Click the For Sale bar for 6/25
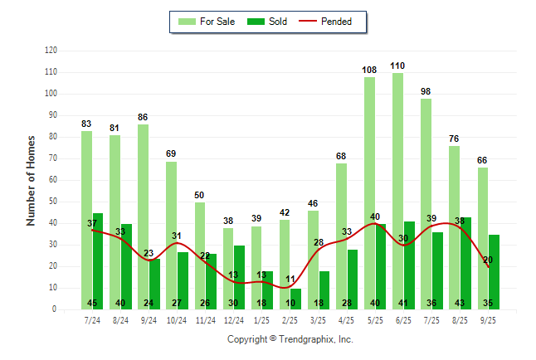pyautogui.click(x=397, y=191)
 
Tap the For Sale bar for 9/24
pyautogui.click(x=143, y=216)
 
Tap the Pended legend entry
pyautogui.click(x=337, y=22)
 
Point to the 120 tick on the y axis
pyautogui.click(x=51, y=51)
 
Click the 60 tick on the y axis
pyautogui.click(x=53, y=180)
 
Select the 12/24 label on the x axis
pyautogui.click(x=233, y=319)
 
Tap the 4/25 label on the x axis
pyautogui.click(x=347, y=319)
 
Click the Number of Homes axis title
pyautogui.click(x=31, y=180)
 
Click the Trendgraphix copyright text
pyautogui.click(x=290, y=339)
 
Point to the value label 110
pyautogui.click(x=397, y=66)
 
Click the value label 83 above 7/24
pyautogui.click(x=86, y=124)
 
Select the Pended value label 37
pyautogui.click(x=93, y=223)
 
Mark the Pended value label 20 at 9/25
pyautogui.click(x=488, y=260)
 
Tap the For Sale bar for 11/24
pyautogui.click(x=199, y=255)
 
